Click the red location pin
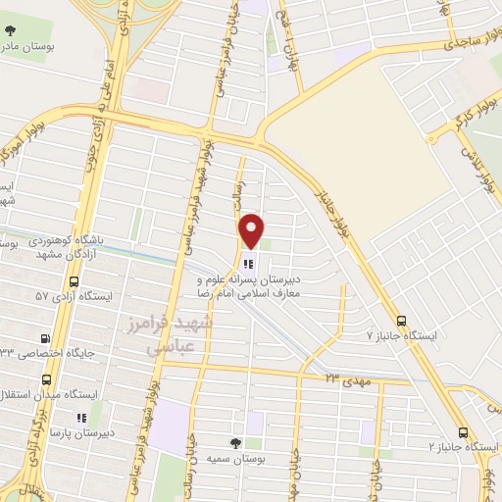(252, 229)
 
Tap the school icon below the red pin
(246, 262)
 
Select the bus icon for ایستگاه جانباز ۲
(463, 432)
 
